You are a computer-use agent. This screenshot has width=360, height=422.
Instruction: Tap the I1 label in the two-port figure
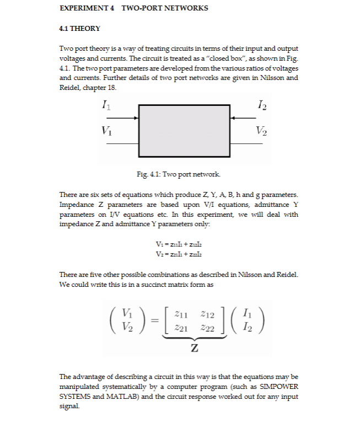(105, 103)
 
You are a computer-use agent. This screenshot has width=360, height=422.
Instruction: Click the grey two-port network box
(184, 131)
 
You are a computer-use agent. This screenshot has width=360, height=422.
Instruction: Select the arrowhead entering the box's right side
(233, 117)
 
